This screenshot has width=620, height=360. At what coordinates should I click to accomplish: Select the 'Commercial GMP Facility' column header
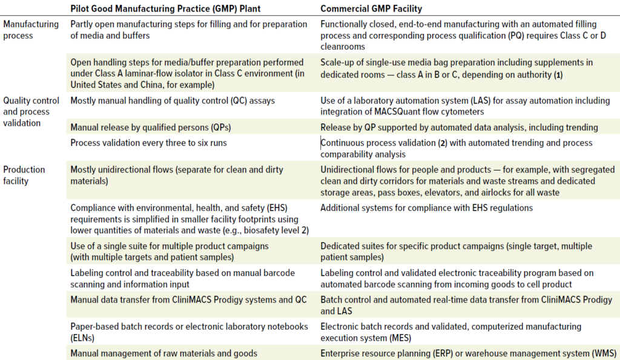pyautogui.click(x=371, y=8)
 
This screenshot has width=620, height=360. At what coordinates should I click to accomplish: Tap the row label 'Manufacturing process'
pyautogui.click(x=31, y=30)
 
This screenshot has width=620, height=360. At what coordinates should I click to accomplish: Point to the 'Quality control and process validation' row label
pyautogui.click(x=31, y=112)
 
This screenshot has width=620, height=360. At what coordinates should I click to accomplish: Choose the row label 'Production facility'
pyautogui.click(x=24, y=175)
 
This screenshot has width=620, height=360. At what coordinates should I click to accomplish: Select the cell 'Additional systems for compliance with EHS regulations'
pyautogui.click(x=426, y=208)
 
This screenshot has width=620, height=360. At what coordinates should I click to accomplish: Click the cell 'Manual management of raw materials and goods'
pyautogui.click(x=163, y=353)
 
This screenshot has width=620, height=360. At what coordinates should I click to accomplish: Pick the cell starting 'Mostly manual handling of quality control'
pyautogui.click(x=173, y=100)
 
